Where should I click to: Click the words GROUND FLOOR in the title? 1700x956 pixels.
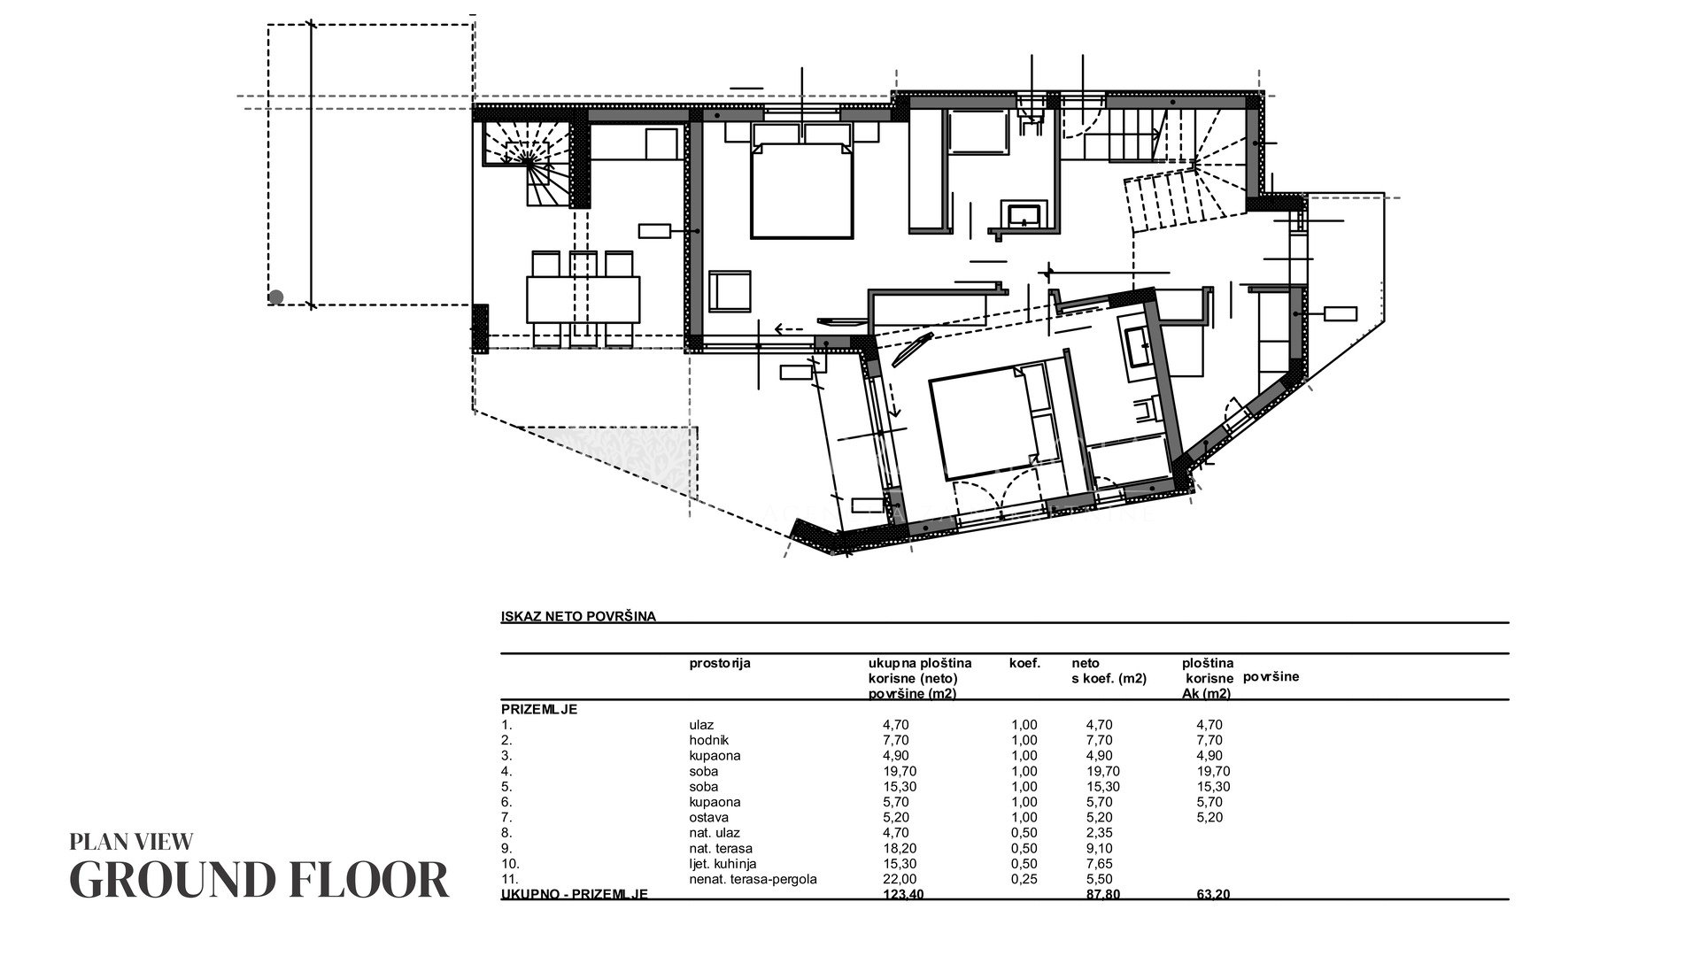(259, 879)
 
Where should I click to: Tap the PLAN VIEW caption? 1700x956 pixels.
(131, 842)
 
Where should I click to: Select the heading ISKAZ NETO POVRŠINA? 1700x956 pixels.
(578, 617)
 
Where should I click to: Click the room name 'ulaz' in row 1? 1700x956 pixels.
(701, 724)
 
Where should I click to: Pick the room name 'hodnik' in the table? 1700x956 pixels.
(709, 740)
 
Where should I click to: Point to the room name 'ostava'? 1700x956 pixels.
(709, 817)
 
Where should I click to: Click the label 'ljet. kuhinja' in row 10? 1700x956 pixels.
(722, 863)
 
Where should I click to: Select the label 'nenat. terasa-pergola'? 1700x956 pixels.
(753, 879)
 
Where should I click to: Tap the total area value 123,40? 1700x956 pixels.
(904, 895)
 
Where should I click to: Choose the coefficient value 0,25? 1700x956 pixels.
(1024, 879)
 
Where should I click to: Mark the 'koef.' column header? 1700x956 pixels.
(1024, 663)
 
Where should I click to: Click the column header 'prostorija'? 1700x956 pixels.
(719, 663)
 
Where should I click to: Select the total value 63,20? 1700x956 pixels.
(1213, 895)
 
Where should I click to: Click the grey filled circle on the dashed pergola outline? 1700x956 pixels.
(275, 297)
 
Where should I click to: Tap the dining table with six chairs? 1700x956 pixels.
(583, 299)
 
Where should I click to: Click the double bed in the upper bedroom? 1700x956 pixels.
(802, 181)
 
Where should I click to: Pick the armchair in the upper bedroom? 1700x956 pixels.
(730, 291)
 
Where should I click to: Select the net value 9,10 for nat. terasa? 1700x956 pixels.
(1099, 848)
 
